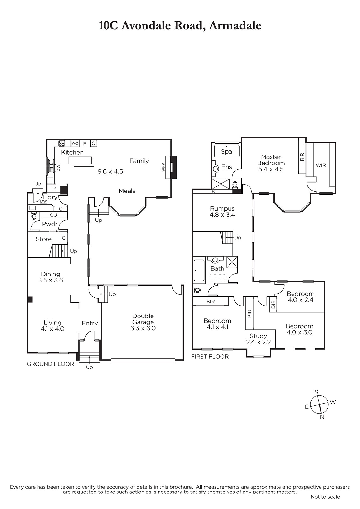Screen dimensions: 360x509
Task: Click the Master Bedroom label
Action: (271, 160)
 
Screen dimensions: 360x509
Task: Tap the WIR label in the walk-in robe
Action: (321, 165)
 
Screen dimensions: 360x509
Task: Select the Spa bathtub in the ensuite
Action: (227, 151)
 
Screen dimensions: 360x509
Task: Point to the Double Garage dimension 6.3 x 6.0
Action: (143, 328)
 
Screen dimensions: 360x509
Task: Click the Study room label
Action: (258, 336)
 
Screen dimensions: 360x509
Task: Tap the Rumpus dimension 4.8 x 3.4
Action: (222, 214)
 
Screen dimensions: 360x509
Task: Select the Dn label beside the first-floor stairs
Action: (238, 238)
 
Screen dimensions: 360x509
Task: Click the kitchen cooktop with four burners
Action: (62, 143)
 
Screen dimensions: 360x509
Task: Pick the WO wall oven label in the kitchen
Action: (75, 143)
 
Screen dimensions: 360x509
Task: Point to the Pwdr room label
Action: (50, 224)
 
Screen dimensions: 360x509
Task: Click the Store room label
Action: (44, 239)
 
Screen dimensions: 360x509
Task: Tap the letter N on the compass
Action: (322, 417)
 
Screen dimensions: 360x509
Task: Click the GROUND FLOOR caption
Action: (50, 364)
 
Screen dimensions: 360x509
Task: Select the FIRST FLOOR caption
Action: (210, 356)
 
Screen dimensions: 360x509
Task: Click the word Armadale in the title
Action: (235, 25)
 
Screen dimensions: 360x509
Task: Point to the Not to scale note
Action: (325, 497)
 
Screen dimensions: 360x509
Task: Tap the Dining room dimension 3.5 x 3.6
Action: (51, 280)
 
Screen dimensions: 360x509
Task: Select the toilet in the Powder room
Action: (34, 216)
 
